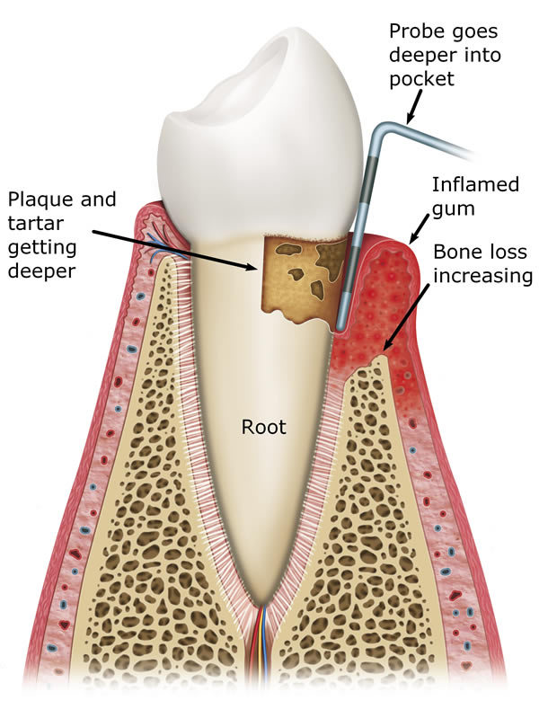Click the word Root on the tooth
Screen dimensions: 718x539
pyautogui.click(x=264, y=427)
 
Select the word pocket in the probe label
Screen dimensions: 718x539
pyautogui.click(x=418, y=79)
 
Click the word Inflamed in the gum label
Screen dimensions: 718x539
pyautogui.click(x=475, y=184)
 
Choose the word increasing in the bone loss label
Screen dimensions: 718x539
pyautogui.click(x=482, y=275)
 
